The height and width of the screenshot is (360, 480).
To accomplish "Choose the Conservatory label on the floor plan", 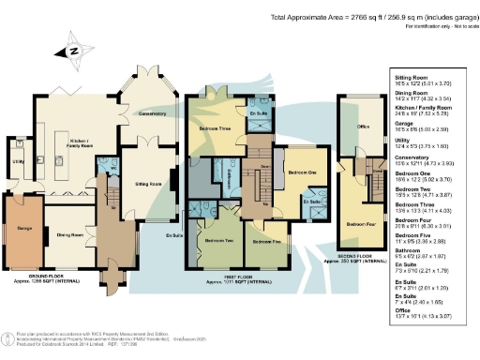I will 147,113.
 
